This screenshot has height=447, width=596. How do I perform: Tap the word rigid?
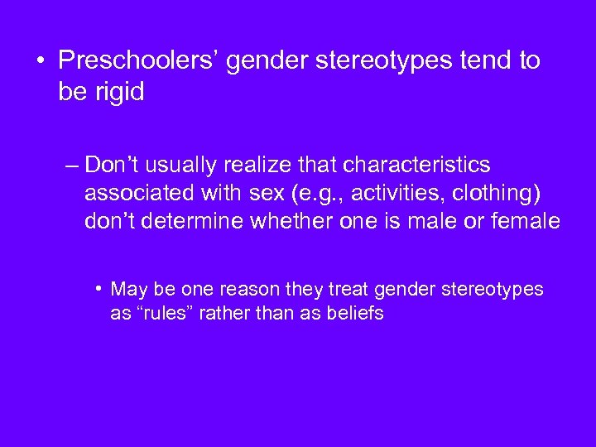120,92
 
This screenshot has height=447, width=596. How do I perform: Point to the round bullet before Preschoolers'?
41,60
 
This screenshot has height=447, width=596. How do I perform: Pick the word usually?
181,166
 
